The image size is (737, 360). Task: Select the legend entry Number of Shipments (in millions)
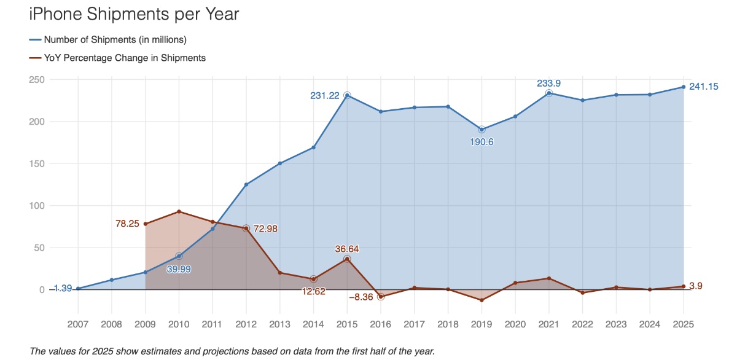(115, 40)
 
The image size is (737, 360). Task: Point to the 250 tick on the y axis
(37, 80)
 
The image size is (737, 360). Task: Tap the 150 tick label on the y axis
(37, 164)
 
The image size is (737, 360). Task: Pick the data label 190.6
(482, 142)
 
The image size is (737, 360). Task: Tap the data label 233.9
(548, 83)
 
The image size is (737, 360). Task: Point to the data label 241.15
(703, 87)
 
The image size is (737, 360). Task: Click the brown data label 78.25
(128, 224)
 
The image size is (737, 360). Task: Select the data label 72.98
(265, 229)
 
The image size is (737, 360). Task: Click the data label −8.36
(361, 297)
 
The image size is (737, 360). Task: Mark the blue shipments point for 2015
(347, 95)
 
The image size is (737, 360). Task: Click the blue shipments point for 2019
(482, 130)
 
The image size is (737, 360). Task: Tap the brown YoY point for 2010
(179, 212)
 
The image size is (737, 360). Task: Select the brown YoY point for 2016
(381, 297)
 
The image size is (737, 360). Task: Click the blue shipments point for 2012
(246, 184)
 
